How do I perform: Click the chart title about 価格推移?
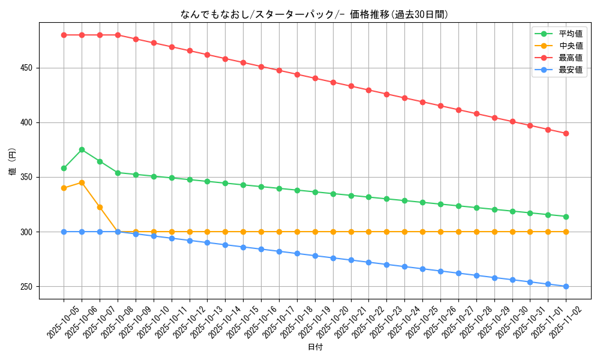(314, 14)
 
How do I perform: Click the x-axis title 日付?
(315, 347)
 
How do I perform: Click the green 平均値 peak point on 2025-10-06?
(82, 149)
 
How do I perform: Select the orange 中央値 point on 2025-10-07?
(100, 207)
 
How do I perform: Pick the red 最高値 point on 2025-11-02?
(566, 133)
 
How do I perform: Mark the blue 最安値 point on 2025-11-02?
(566, 286)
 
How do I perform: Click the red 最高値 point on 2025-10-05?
(64, 35)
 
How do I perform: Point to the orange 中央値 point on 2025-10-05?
(64, 188)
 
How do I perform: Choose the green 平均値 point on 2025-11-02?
(566, 217)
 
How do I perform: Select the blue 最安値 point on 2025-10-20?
(333, 258)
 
